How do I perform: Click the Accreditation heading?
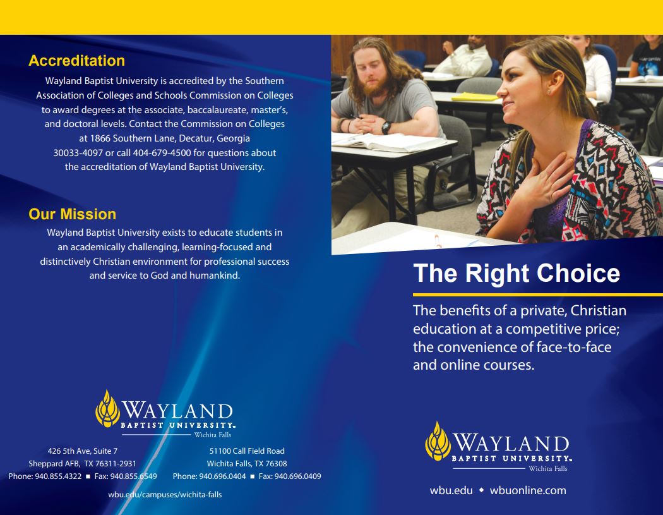tap(76, 61)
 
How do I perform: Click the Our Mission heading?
tap(73, 214)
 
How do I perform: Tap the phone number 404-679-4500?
tap(162, 153)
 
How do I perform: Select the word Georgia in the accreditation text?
tap(233, 138)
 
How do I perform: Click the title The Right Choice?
tap(517, 273)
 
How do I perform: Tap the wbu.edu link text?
tap(451, 490)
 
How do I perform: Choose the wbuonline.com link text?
tap(528, 490)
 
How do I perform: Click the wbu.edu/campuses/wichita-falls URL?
tap(165, 494)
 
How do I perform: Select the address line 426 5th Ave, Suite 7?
tap(83, 451)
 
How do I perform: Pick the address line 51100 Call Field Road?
tap(247, 451)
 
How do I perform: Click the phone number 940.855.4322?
tap(58, 476)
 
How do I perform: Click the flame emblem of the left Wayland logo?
tap(107, 409)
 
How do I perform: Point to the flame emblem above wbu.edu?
tap(438, 441)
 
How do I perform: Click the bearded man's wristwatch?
tap(386, 127)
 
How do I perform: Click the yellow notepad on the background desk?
tap(475, 97)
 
